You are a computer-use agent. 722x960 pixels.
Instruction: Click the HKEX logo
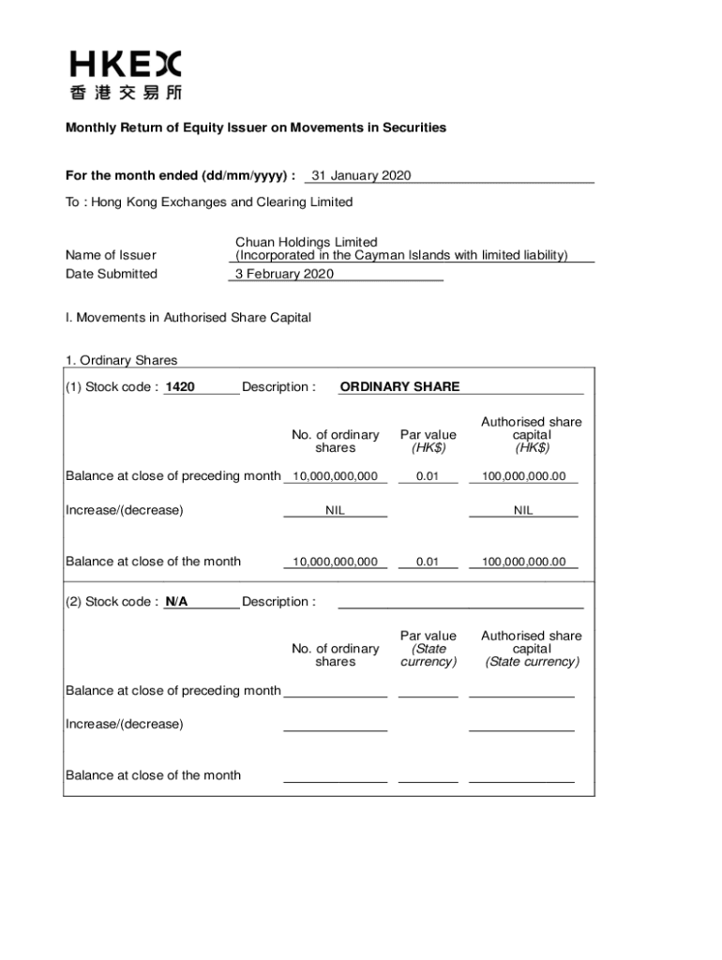point(125,75)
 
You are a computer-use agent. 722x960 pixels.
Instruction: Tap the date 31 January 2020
point(361,175)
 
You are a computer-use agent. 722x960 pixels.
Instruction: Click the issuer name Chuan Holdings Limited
point(307,242)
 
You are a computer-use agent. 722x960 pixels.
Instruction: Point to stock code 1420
point(180,387)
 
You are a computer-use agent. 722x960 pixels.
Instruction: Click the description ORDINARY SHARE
point(399,387)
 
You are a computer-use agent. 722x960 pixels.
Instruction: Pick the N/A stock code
point(176,602)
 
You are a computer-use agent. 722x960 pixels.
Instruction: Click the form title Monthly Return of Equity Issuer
point(255,127)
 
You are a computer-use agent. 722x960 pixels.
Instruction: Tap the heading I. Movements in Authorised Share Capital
point(188,318)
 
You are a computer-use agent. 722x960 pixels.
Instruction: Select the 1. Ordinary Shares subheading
point(121,360)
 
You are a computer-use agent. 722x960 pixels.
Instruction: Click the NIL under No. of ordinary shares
point(335,511)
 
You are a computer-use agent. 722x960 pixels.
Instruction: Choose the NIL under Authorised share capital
point(523,511)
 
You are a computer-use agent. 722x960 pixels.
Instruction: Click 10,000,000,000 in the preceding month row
point(335,476)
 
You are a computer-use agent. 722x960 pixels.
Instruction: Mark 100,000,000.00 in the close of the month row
point(524,562)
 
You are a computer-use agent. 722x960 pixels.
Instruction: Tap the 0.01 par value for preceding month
point(428,476)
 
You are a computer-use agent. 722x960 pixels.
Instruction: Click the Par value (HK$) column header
point(429,441)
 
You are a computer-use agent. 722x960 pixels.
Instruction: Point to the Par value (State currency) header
point(429,649)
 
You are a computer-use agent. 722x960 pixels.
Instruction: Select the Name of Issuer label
point(111,255)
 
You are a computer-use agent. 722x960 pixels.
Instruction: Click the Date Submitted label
point(112,274)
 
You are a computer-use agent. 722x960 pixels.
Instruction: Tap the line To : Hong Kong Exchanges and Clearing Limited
point(209,202)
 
